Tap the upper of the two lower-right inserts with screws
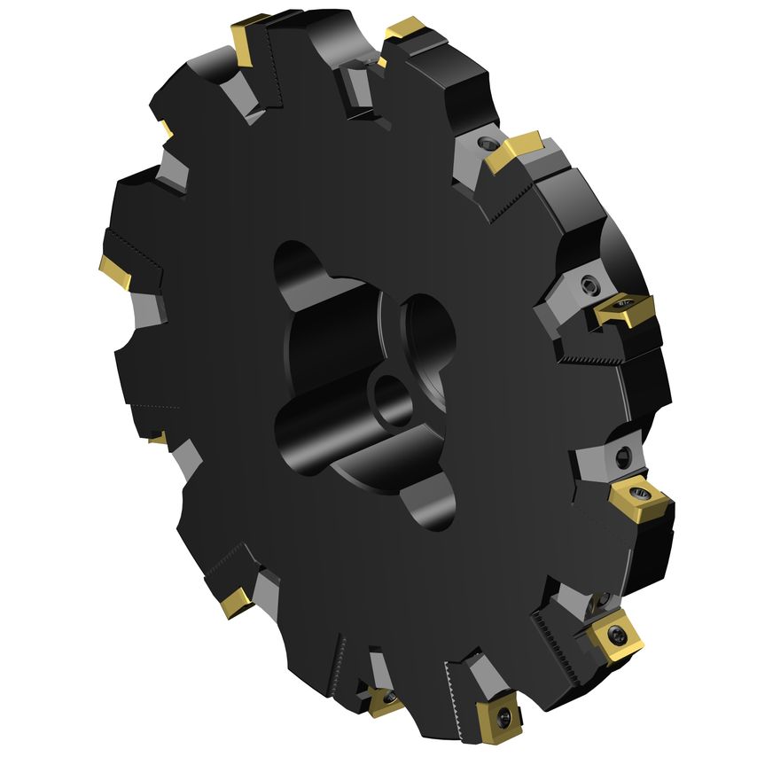(634, 496)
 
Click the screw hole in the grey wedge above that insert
(620, 456)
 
